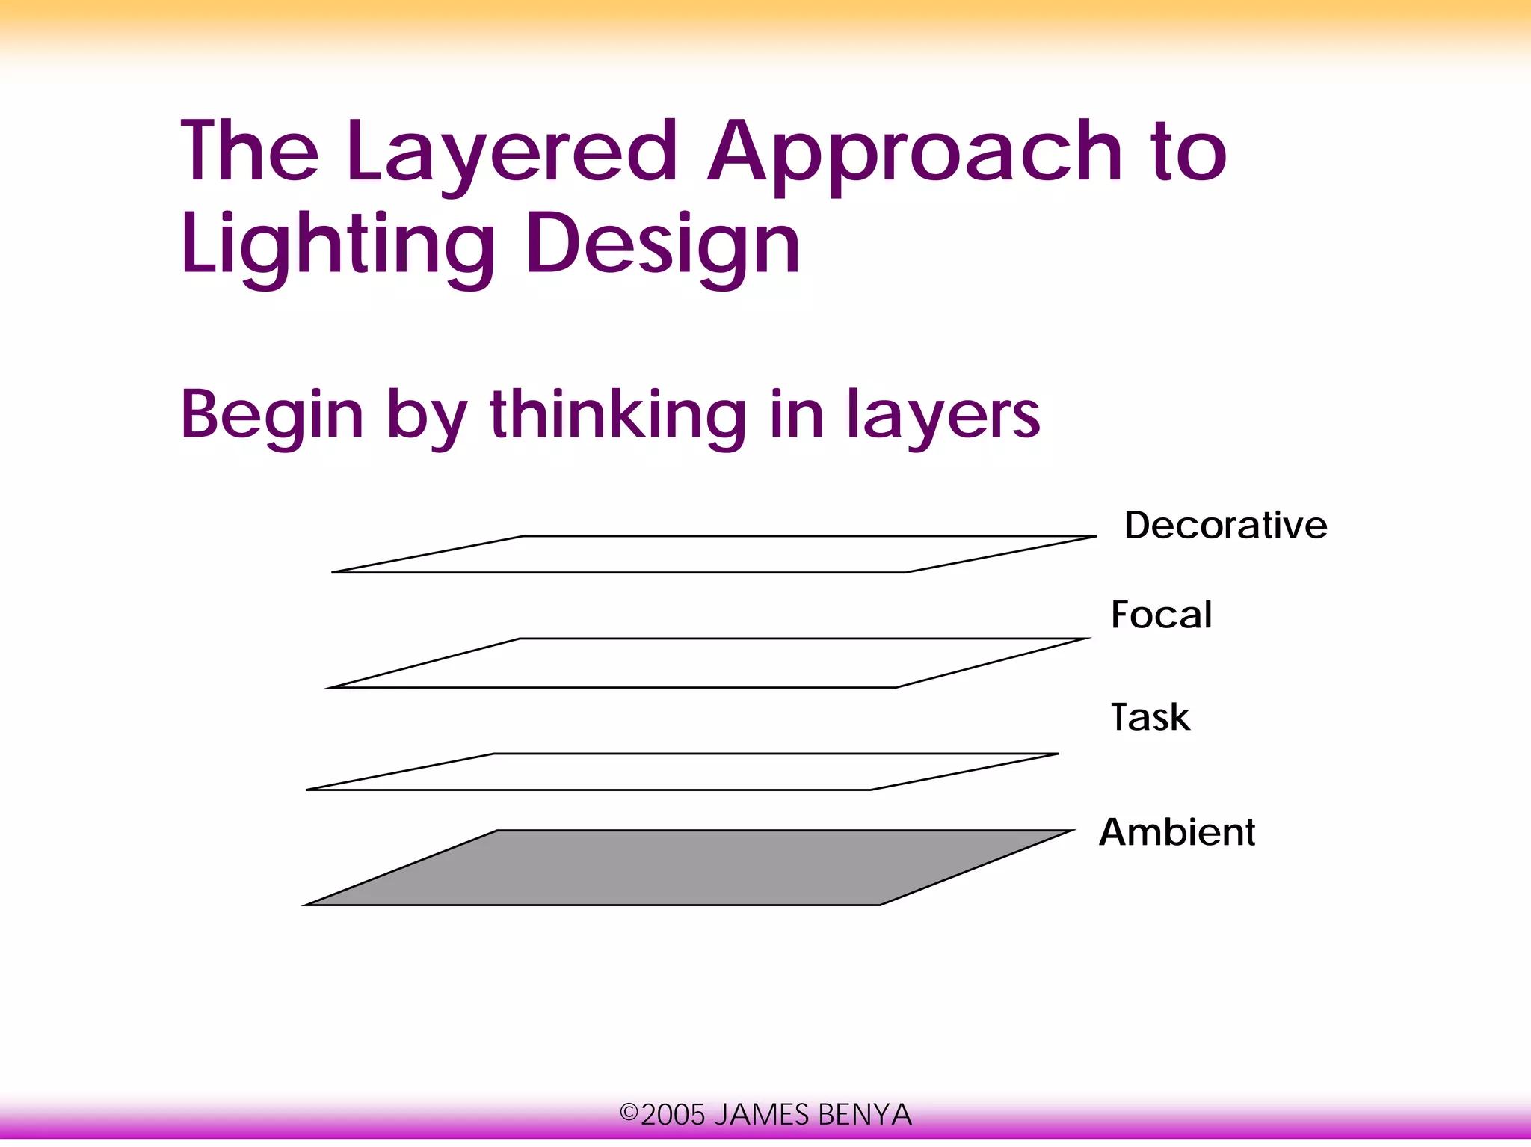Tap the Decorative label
click(x=1225, y=525)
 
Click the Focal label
click(x=1161, y=615)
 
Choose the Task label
click(x=1150, y=717)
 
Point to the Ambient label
click(x=1177, y=832)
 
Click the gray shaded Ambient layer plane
click(x=688, y=868)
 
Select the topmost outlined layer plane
click(x=714, y=554)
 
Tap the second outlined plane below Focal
click(x=707, y=663)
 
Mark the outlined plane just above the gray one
click(x=682, y=772)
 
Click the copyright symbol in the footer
click(x=629, y=1113)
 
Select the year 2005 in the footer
click(x=673, y=1115)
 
